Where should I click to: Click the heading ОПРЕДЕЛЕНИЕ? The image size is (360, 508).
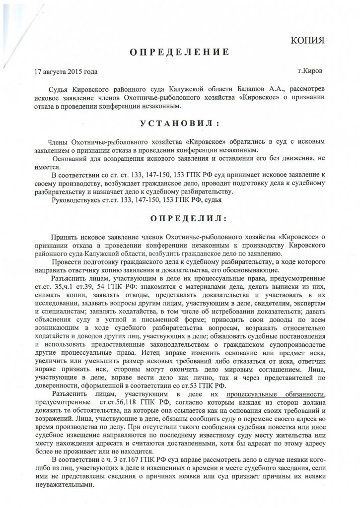tap(180, 52)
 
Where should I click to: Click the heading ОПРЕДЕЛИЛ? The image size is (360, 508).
tap(180, 218)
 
